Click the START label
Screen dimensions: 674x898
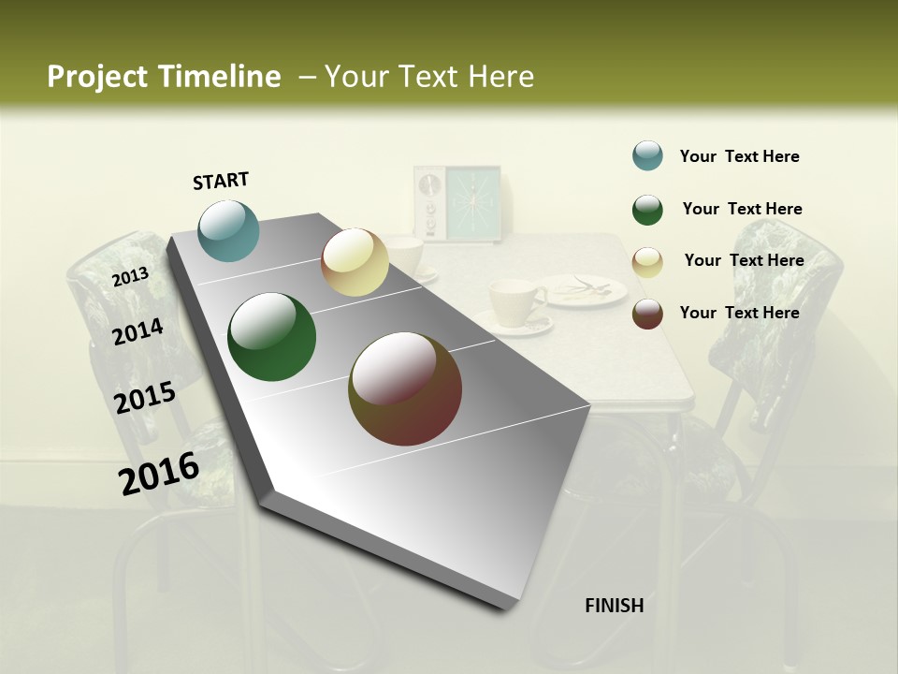click(221, 181)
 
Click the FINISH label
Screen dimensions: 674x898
click(614, 606)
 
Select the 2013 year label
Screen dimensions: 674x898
click(130, 276)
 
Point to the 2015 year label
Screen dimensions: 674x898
click(145, 399)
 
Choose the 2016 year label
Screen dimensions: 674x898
click(159, 473)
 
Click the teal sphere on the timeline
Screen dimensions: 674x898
click(229, 230)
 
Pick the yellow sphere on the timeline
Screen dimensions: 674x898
click(355, 262)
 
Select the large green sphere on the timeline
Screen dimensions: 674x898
click(272, 337)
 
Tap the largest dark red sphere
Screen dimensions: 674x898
click(405, 388)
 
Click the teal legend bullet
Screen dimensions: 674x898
click(647, 155)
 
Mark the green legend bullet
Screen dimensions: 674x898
click(647, 210)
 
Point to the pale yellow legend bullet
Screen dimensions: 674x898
click(647, 262)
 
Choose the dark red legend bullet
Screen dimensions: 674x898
click(647, 314)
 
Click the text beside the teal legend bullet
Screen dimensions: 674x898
click(739, 156)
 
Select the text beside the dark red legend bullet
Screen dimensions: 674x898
click(739, 313)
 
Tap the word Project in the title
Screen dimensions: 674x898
click(96, 77)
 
